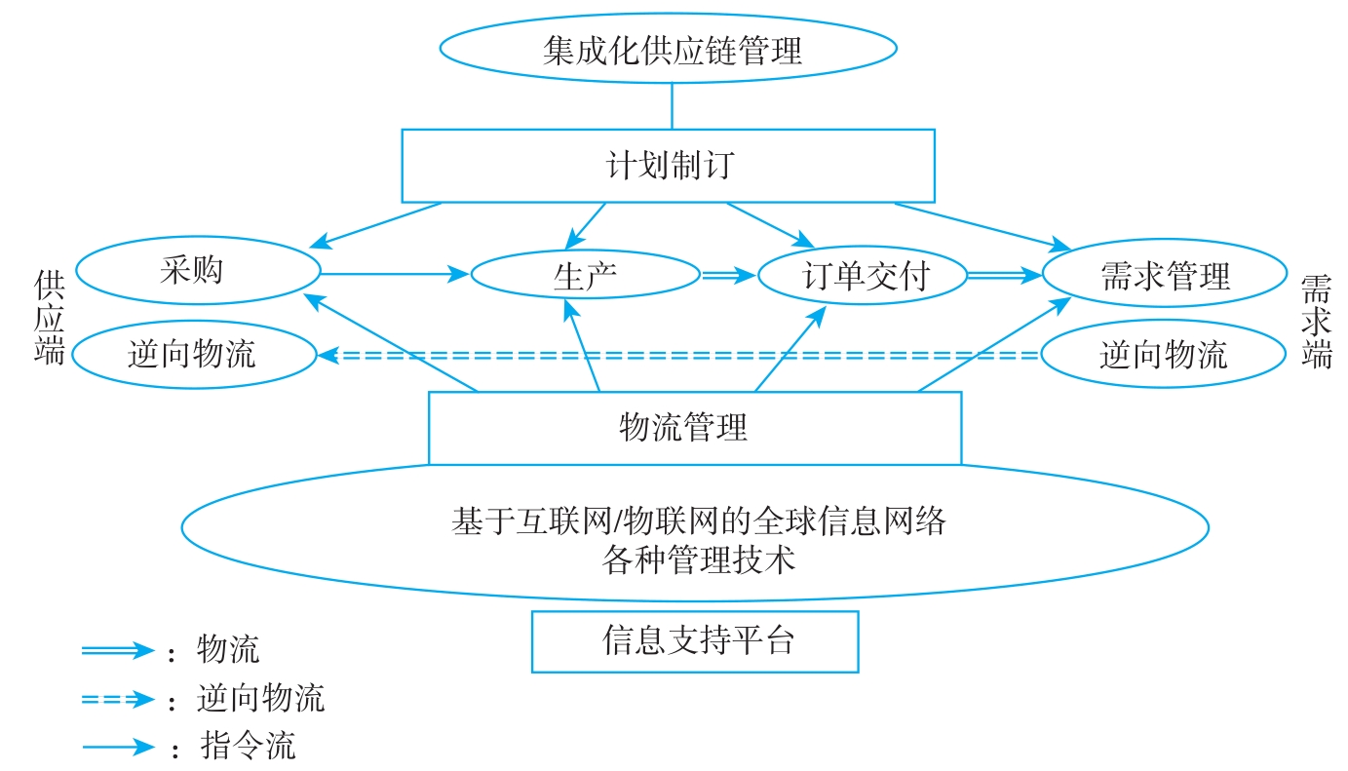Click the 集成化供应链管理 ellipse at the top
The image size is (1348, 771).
668,49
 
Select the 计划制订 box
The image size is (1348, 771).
668,165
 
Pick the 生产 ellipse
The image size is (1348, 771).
585,276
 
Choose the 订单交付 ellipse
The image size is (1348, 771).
862,276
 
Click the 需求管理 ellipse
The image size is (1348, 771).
1164,276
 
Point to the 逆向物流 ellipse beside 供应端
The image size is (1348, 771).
193,353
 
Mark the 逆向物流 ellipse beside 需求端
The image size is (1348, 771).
1163,354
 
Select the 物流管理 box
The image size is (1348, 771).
694,427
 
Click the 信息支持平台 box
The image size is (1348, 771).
694,640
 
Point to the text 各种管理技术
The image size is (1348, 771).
698,559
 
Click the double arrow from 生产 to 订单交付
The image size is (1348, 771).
728,277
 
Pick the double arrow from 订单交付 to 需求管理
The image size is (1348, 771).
1003,277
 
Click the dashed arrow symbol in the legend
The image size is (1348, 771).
118,699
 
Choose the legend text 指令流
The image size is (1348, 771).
247,748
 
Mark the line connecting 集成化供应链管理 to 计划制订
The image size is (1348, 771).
672,106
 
